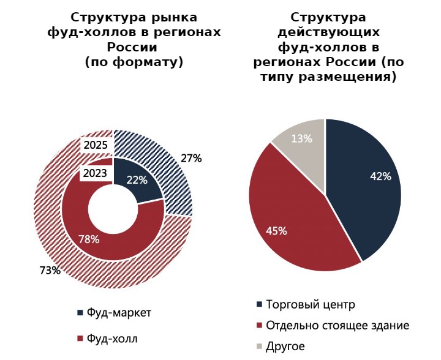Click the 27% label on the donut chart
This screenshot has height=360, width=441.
[x=191, y=159]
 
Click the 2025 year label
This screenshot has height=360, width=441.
[x=96, y=146]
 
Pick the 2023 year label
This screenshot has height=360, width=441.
[x=96, y=173]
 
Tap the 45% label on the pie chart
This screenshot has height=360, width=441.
[x=276, y=231]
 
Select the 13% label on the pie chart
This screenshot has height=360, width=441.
[x=301, y=138]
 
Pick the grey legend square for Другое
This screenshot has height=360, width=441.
[x=260, y=347]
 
